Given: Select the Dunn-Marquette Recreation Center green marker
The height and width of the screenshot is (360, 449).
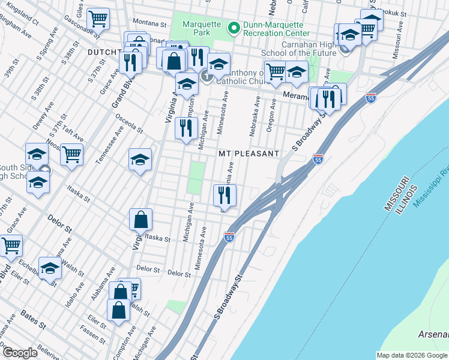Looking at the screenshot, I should tap(232, 26).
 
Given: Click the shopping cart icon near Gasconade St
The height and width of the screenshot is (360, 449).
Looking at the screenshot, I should tap(98, 18).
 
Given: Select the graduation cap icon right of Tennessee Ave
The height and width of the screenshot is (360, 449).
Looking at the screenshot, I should tap(140, 160).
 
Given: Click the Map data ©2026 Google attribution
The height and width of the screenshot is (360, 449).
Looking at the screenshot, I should tap(412, 355).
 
